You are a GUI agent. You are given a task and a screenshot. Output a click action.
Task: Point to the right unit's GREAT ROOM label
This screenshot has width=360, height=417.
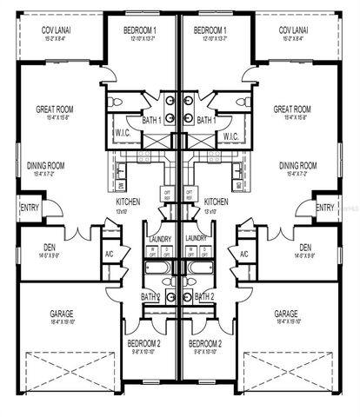pyautogui.click(x=293, y=109)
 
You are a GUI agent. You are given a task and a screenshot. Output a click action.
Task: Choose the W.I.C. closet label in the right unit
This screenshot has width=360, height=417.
pyautogui.click(x=230, y=136)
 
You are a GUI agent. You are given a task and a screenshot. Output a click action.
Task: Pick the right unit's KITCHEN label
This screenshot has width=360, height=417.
pyautogui.click(x=215, y=202)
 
